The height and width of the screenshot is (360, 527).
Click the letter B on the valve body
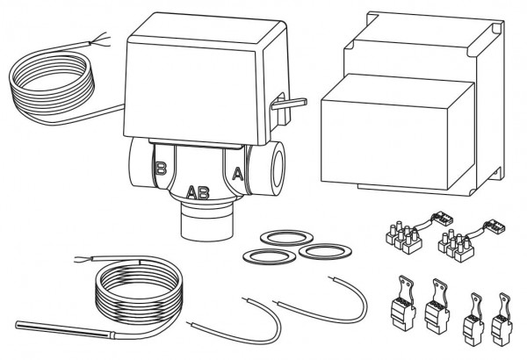tap(160, 168)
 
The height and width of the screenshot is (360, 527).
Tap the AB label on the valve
tap(199, 192)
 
